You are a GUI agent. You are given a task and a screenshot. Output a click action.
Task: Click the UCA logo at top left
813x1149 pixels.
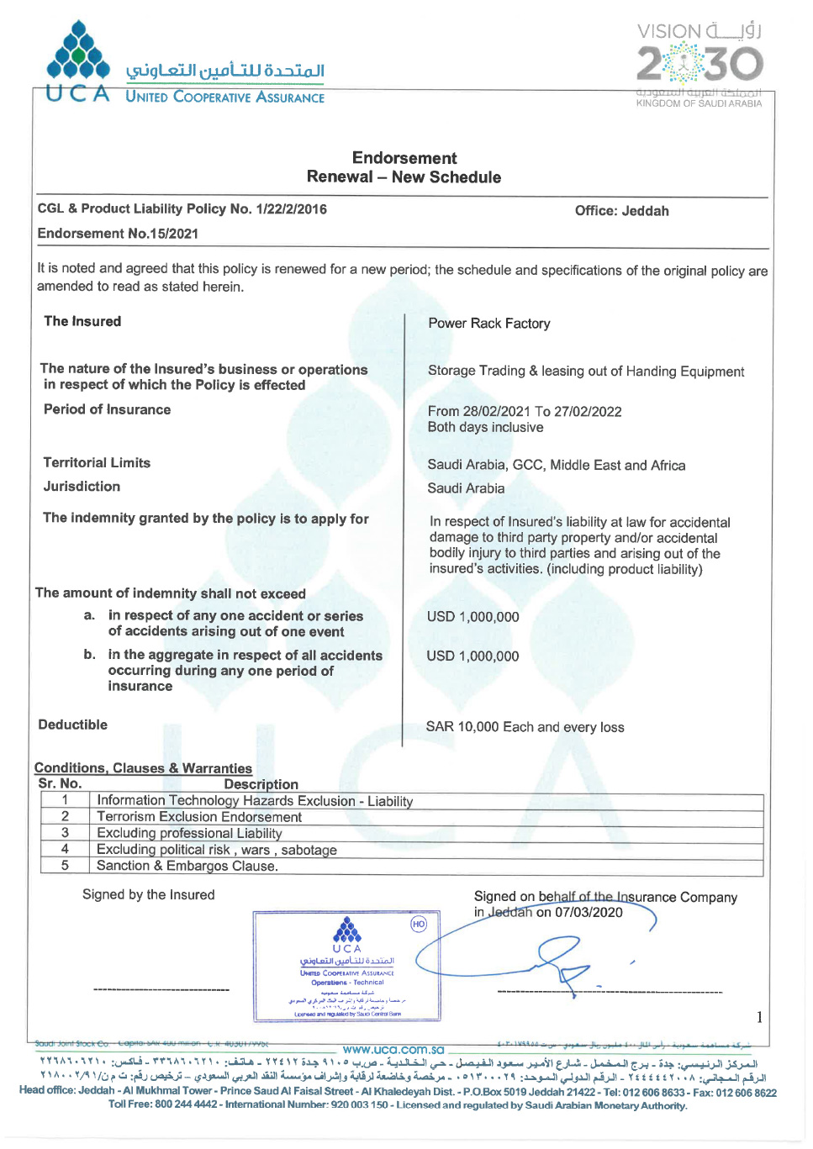(x=78, y=61)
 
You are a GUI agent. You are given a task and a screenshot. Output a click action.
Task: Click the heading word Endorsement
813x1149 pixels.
(x=404, y=158)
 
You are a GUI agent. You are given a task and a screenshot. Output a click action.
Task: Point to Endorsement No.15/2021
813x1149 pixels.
(x=118, y=234)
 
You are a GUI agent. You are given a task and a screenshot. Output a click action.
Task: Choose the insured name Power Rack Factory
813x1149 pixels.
(x=488, y=324)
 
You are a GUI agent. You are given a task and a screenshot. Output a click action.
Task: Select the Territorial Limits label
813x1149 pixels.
(x=97, y=463)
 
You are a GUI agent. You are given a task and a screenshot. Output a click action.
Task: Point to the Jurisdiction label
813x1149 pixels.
(x=82, y=487)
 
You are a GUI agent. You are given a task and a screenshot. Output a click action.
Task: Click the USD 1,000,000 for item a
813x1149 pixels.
(x=472, y=617)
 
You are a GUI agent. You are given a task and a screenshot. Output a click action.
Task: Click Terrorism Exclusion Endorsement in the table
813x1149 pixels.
(x=199, y=817)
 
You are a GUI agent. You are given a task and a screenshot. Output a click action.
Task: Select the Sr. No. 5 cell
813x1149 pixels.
(x=65, y=865)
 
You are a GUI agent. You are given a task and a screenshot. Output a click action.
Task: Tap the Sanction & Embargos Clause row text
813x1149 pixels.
(x=187, y=866)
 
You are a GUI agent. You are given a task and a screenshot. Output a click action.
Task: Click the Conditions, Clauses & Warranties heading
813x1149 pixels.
(x=143, y=768)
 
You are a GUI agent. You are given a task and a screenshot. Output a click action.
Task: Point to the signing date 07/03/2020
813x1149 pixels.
(x=589, y=913)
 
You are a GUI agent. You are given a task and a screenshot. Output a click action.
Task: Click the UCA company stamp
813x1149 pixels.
(x=346, y=967)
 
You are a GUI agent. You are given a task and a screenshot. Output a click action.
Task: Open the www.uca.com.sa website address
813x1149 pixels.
(x=393, y=1050)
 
